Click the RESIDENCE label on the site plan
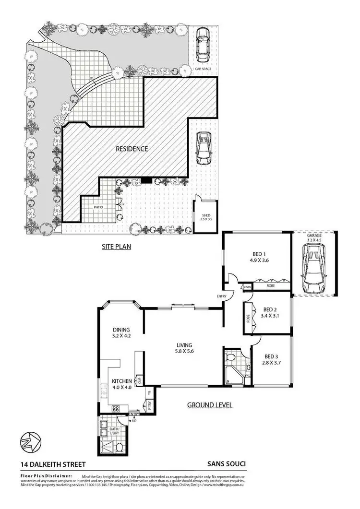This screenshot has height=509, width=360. tap(132, 149)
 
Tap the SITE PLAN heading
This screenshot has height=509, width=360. tap(116, 247)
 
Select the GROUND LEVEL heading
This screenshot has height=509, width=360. tap(209, 405)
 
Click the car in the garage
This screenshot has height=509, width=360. tap(313, 269)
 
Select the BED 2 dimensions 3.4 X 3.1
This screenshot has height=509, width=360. tap(268, 316)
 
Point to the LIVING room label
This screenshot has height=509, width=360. tap(184, 345)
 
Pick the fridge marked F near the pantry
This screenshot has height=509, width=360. tap(149, 392)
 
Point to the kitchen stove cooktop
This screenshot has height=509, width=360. tap(115, 409)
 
